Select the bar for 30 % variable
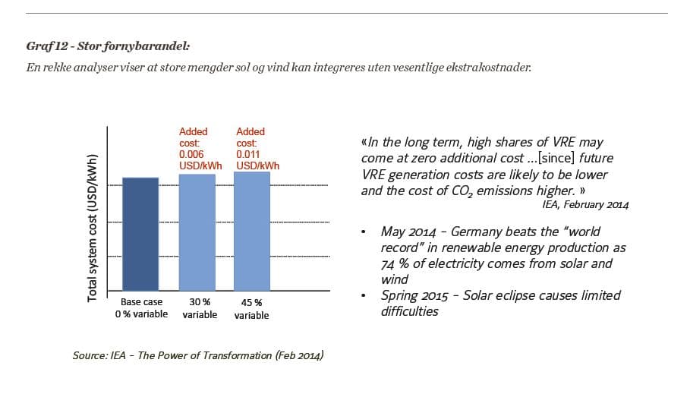coord(197,232)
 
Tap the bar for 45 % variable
coord(250,231)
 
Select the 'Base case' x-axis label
coord(141,302)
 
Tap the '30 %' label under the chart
coord(200,302)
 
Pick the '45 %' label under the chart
coord(251,303)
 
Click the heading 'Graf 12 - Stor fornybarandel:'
coord(107,46)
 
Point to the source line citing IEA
coord(197,355)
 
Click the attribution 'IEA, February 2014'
coord(585,204)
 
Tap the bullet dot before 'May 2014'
coord(365,232)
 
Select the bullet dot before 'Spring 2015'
coord(365,295)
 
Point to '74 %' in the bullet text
coord(395,263)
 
